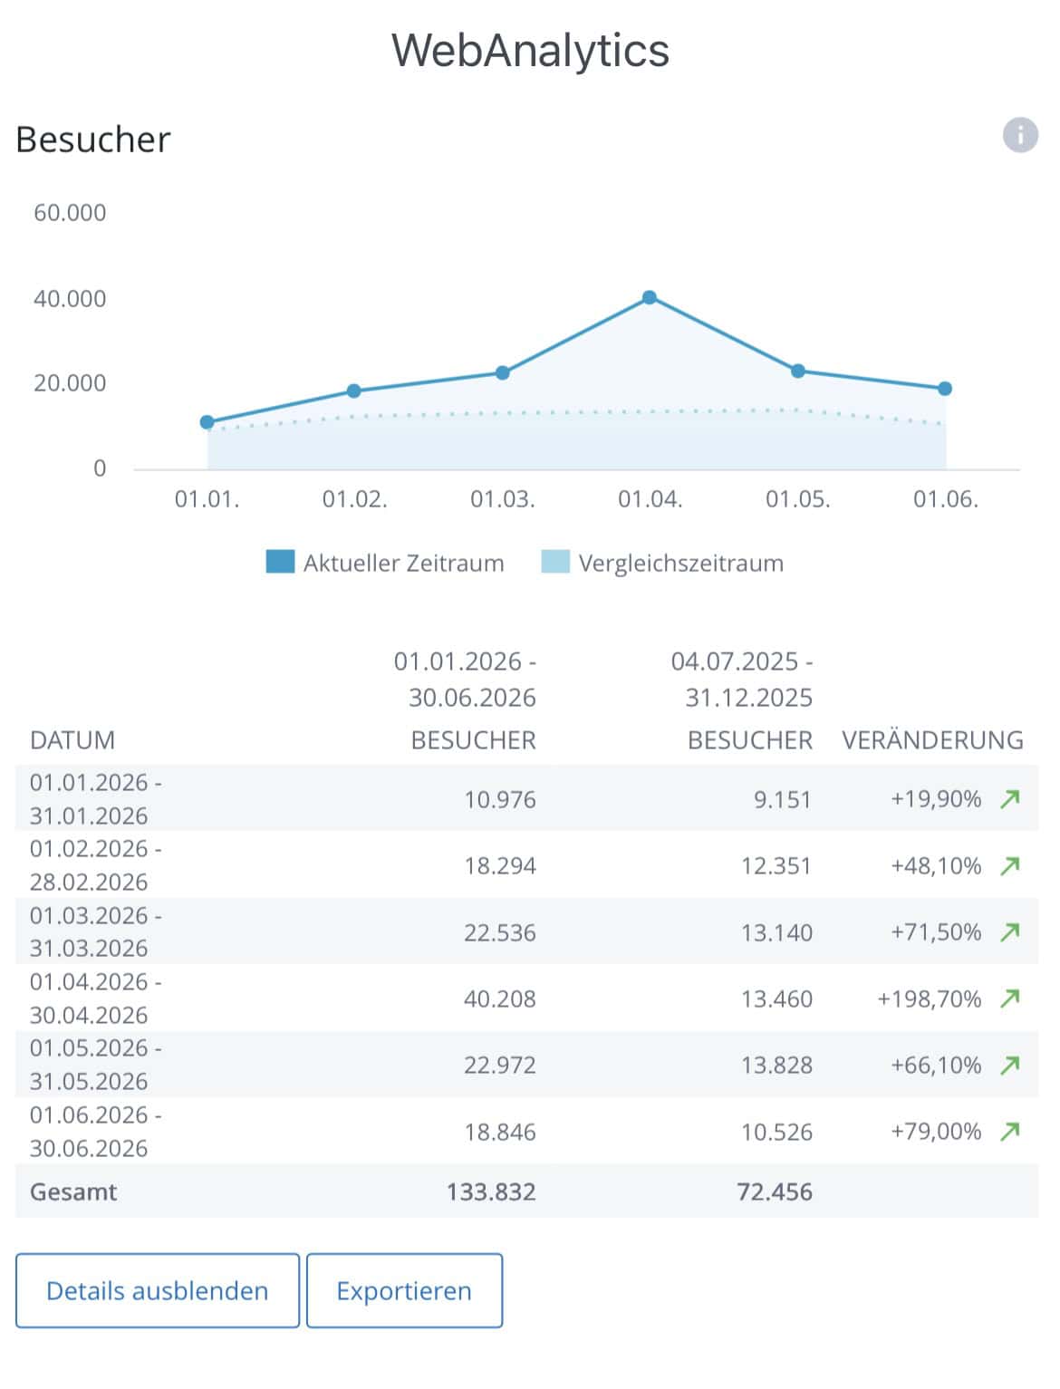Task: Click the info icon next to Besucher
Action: tap(1019, 135)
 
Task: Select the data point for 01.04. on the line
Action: tap(649, 297)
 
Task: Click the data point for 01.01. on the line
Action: tap(207, 422)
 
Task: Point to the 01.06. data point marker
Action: tap(944, 389)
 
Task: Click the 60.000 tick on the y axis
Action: tap(70, 213)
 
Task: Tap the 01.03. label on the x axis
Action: tap(502, 499)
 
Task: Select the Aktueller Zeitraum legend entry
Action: tap(385, 563)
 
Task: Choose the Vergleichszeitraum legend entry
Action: tap(662, 563)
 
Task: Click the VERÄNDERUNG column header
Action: tap(932, 739)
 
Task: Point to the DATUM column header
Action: tap(72, 739)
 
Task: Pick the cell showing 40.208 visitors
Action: tap(499, 998)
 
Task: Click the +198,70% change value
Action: tap(929, 998)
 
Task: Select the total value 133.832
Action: tap(491, 1191)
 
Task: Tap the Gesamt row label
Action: tap(73, 1191)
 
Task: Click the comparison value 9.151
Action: tap(783, 799)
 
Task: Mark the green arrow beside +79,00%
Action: tap(1010, 1131)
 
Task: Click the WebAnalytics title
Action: tap(530, 50)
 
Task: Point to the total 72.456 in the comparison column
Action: tap(775, 1191)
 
